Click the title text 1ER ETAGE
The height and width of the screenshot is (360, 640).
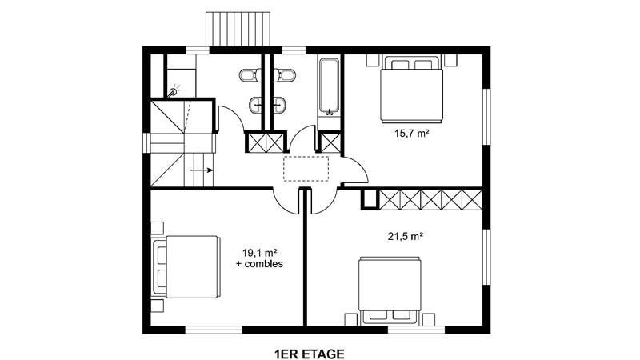310,354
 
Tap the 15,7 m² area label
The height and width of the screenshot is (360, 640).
412,133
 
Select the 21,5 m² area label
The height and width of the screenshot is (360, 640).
405,236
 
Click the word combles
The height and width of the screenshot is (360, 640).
264,264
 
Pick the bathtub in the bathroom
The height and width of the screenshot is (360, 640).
329,86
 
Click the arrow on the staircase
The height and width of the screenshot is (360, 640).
202,170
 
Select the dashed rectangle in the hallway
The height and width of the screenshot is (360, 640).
306,168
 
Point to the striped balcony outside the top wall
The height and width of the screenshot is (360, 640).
238,30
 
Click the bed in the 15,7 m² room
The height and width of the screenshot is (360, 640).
412,90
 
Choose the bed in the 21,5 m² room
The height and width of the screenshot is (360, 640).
389,290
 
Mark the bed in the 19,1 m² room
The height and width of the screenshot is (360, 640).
186,267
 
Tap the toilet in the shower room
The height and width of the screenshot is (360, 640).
248,75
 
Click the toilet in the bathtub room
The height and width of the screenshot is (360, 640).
287,75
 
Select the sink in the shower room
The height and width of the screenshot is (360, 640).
255,105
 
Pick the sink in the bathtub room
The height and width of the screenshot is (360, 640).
279,105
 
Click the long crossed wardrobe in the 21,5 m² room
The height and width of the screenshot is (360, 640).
431,199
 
